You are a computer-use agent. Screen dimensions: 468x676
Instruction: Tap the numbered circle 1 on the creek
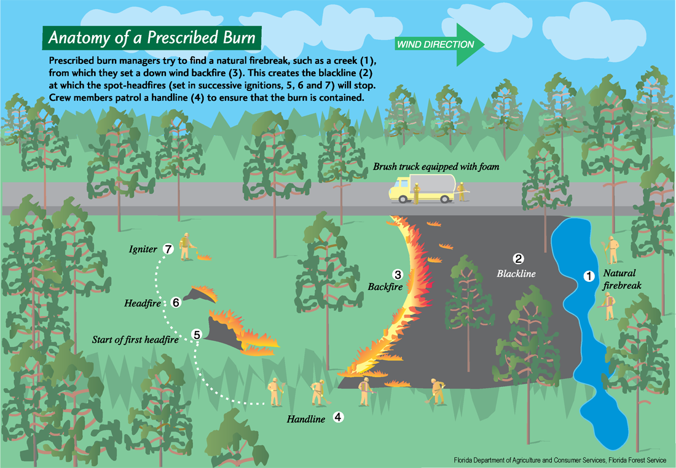pyautogui.click(x=588, y=276)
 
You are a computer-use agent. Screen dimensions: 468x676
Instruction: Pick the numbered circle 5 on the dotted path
pyautogui.click(x=197, y=335)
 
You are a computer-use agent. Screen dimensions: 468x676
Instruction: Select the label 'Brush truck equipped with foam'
pyautogui.click(x=436, y=166)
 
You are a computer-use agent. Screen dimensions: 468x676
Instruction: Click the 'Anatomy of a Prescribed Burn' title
pyautogui.click(x=151, y=37)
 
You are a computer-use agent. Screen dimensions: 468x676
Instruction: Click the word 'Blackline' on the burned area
pyautogui.click(x=516, y=273)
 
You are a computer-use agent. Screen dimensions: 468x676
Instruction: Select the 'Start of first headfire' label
pyautogui.click(x=140, y=338)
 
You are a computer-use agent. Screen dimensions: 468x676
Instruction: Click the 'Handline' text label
pyautogui.click(x=305, y=419)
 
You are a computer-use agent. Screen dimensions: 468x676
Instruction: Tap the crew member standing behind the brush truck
pyautogui.click(x=462, y=190)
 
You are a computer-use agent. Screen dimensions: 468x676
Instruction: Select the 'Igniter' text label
pyautogui.click(x=143, y=249)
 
